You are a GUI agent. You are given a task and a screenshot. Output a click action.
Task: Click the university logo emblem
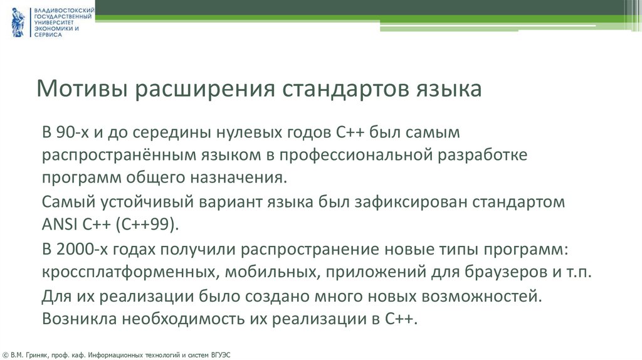click(17, 22)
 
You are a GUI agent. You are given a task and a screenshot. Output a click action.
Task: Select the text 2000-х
click(86, 250)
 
